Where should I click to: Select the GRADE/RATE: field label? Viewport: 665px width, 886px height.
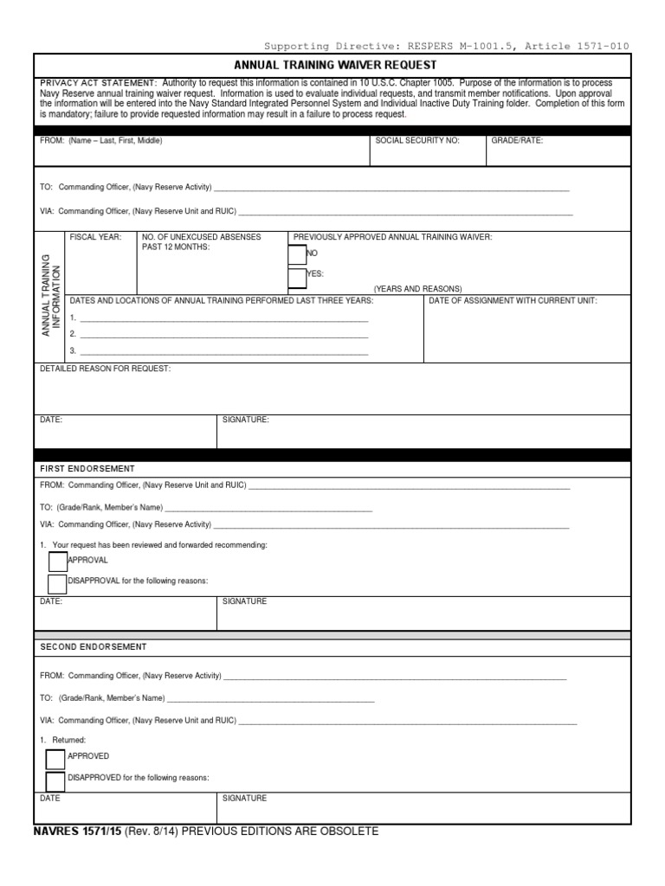pyautogui.click(x=517, y=140)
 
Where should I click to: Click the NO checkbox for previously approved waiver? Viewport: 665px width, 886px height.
pyautogui.click(x=296, y=254)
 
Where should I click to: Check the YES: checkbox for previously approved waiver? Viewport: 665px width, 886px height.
pyautogui.click(x=296, y=277)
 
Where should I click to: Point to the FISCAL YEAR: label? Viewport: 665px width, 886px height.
pyautogui.click(x=95, y=237)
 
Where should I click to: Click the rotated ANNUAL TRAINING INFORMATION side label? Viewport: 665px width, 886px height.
pyautogui.click(x=51, y=295)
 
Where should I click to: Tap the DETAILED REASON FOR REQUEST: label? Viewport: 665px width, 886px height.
pyautogui.click(x=106, y=369)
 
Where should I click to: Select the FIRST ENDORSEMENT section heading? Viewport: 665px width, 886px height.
pyautogui.click(x=87, y=468)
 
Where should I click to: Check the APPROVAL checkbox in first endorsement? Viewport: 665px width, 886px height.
pyautogui.click(x=57, y=561)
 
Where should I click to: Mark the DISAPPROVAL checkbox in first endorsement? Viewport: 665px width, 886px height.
pyautogui.click(x=57, y=582)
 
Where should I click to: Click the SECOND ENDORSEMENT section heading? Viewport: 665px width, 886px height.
pyautogui.click(x=94, y=646)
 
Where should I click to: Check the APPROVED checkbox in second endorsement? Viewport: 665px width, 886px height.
pyautogui.click(x=55, y=759)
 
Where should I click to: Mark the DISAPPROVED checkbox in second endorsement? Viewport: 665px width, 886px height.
pyautogui.click(x=55, y=779)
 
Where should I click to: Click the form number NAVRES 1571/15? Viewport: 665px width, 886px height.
pyautogui.click(x=78, y=831)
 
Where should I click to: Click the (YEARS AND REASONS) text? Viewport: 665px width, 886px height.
pyautogui.click(x=417, y=289)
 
